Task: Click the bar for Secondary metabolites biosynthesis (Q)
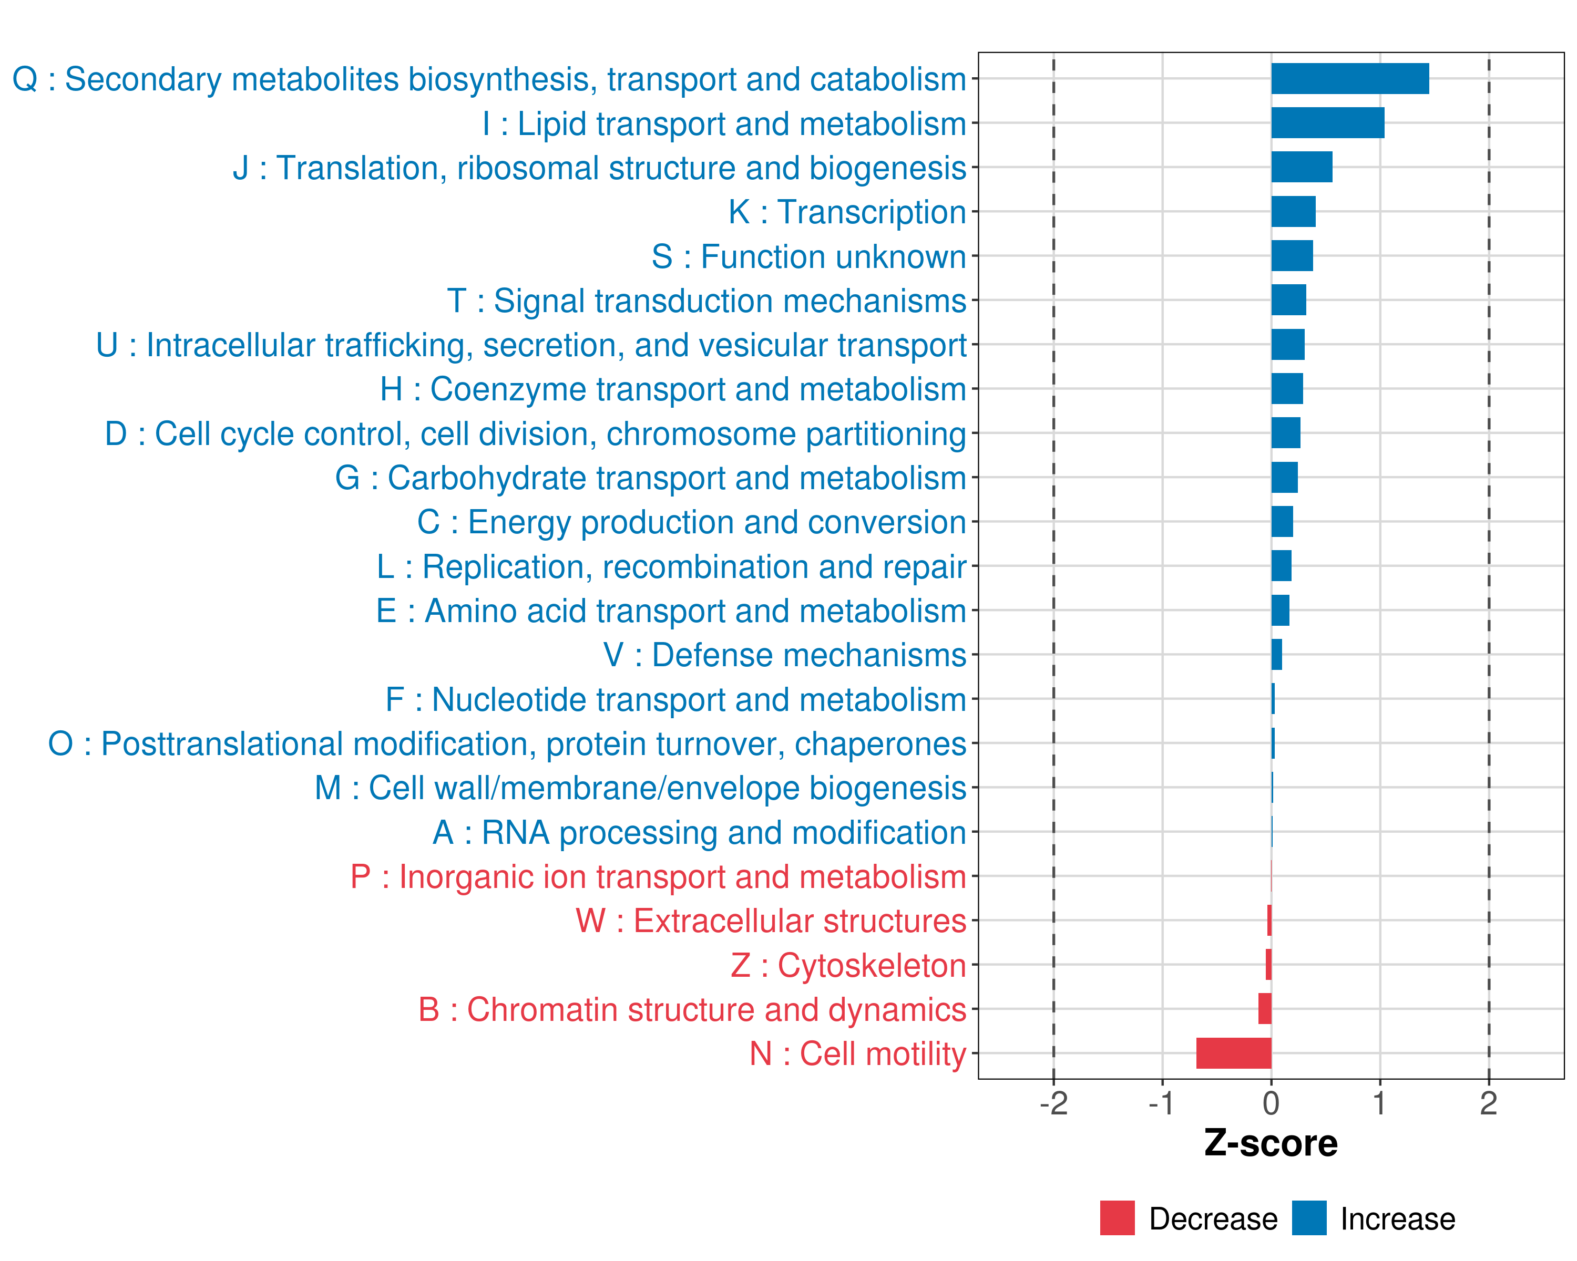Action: tap(1349, 79)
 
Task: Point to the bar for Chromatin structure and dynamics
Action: tap(1265, 1009)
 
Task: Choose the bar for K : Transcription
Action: tap(1293, 211)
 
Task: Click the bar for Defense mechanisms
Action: tap(1276, 654)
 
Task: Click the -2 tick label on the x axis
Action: tap(1053, 1104)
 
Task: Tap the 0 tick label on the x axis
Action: tap(1271, 1104)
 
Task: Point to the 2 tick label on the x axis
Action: tap(1489, 1104)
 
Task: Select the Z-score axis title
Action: tap(1271, 1143)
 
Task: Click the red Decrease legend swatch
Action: tap(1117, 1218)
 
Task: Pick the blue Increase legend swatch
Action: tap(1308, 1218)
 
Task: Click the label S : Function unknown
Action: tap(809, 256)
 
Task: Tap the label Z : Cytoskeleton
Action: tap(848, 965)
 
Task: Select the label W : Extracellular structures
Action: tap(771, 921)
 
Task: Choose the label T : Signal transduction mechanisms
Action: tap(706, 301)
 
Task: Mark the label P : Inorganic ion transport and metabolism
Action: tap(658, 876)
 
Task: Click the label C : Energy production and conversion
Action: tap(692, 522)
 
